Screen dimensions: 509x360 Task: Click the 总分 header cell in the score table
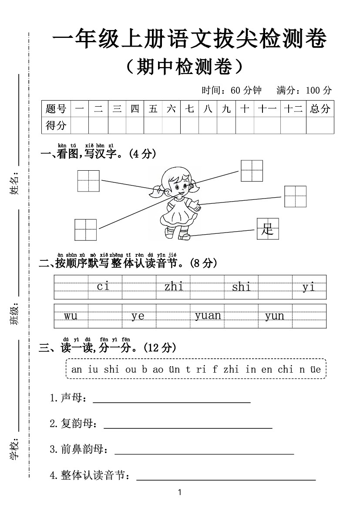coord(320,109)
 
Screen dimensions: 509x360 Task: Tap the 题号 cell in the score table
coord(56,109)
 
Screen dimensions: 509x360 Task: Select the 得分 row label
coord(56,125)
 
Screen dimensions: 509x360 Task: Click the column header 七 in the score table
coord(189,109)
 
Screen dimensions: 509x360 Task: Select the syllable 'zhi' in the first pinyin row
coord(174,287)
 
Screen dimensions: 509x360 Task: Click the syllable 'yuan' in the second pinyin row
coord(208,316)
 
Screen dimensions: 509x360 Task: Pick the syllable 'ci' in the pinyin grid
coord(103,287)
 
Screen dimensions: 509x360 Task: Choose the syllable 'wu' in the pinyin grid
coord(71,316)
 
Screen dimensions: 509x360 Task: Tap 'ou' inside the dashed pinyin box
coord(130,370)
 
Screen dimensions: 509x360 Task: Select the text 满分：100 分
coord(304,91)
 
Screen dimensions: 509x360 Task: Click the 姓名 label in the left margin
coord(15,183)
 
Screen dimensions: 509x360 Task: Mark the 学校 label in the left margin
coord(15,450)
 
